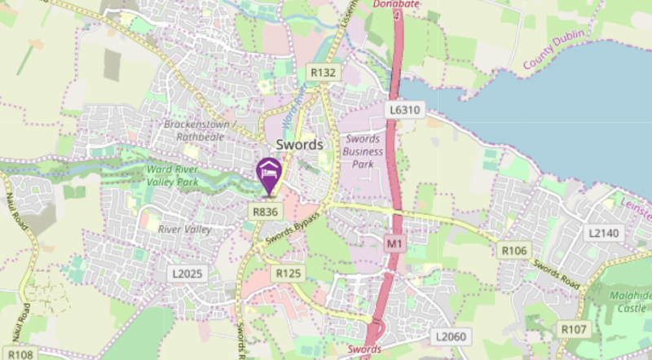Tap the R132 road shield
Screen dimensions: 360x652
(x=323, y=73)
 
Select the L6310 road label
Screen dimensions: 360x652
(x=404, y=109)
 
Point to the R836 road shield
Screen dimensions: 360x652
(x=264, y=211)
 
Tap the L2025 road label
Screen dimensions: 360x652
(x=186, y=274)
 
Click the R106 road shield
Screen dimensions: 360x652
(x=514, y=251)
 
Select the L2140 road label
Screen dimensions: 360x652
(x=604, y=233)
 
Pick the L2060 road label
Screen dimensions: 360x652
(x=451, y=336)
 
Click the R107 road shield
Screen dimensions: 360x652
(x=574, y=329)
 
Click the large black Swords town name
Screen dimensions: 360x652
(x=300, y=144)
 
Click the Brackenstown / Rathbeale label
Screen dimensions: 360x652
(x=200, y=130)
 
